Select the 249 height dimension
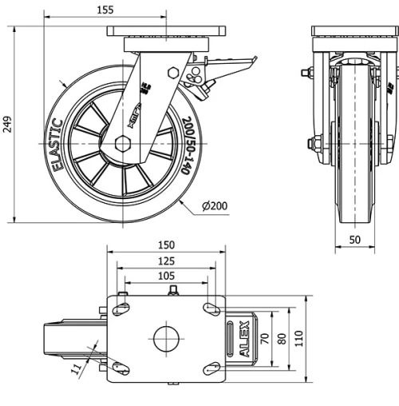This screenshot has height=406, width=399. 7,124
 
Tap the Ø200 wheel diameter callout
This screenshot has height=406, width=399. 215,206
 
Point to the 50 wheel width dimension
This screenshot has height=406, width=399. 354,239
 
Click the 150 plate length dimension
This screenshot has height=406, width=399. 166,245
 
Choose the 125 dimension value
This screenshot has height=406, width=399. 166,261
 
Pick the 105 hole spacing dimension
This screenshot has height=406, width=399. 166,276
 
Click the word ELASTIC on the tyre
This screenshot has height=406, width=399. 57,145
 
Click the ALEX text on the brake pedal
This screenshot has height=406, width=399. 244,339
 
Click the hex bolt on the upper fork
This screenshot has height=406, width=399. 173,73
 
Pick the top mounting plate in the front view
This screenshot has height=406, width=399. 354,31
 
